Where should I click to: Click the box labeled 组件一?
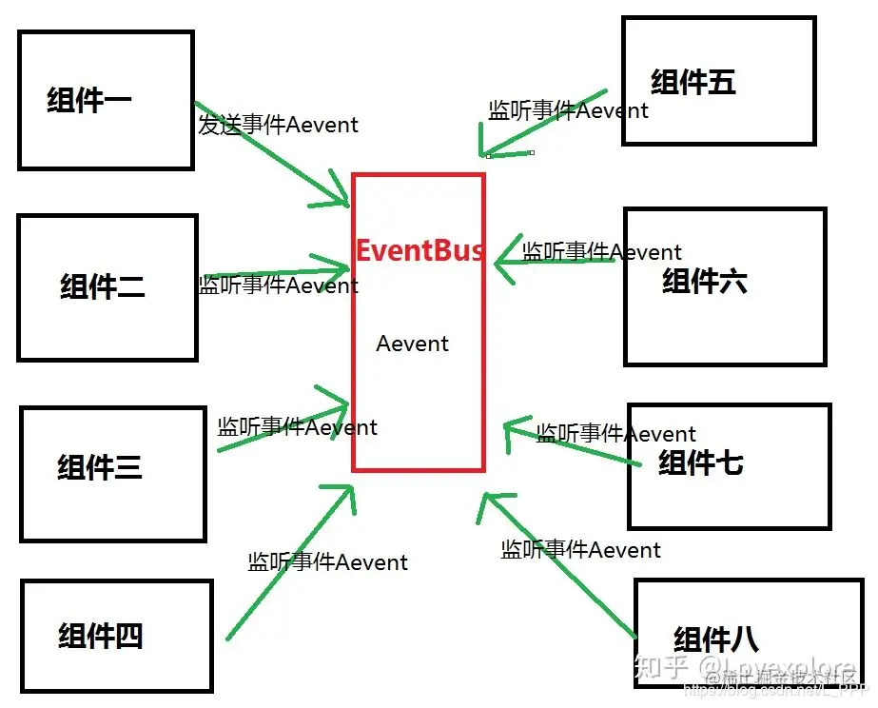pyautogui.click(x=106, y=100)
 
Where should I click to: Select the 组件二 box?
pyautogui.click(x=107, y=287)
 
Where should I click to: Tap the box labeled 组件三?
pyautogui.click(x=112, y=474)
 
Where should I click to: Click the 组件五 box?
pyautogui.click(x=718, y=81)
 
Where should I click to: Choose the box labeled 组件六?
pyautogui.click(x=724, y=286)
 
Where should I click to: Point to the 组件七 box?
pyautogui.click(x=729, y=465)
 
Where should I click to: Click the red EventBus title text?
pyautogui.click(x=419, y=250)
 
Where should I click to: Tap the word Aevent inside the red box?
pyautogui.click(x=412, y=344)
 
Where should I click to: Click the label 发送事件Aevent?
pyautogui.click(x=278, y=125)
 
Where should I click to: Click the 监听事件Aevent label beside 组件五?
pyautogui.click(x=568, y=110)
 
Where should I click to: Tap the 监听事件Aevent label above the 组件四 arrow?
pyautogui.click(x=327, y=562)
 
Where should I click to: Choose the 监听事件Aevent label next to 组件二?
pyautogui.click(x=278, y=285)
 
